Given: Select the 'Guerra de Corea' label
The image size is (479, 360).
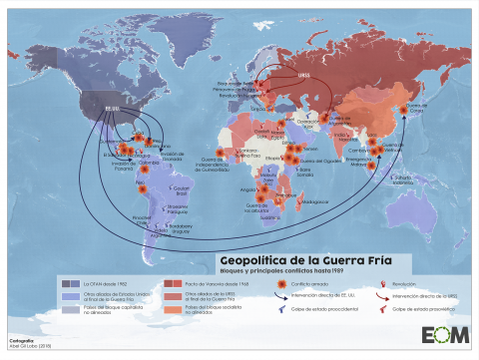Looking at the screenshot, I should [416, 109].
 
